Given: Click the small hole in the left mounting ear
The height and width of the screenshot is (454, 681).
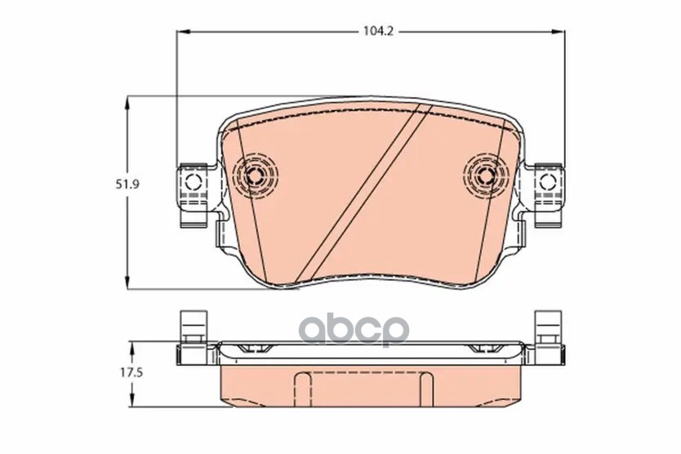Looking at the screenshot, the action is [x=193, y=181].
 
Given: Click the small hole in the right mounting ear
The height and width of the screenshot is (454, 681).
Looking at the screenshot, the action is [x=548, y=181].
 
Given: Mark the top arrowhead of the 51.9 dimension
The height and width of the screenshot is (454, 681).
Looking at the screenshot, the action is [x=127, y=103].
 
